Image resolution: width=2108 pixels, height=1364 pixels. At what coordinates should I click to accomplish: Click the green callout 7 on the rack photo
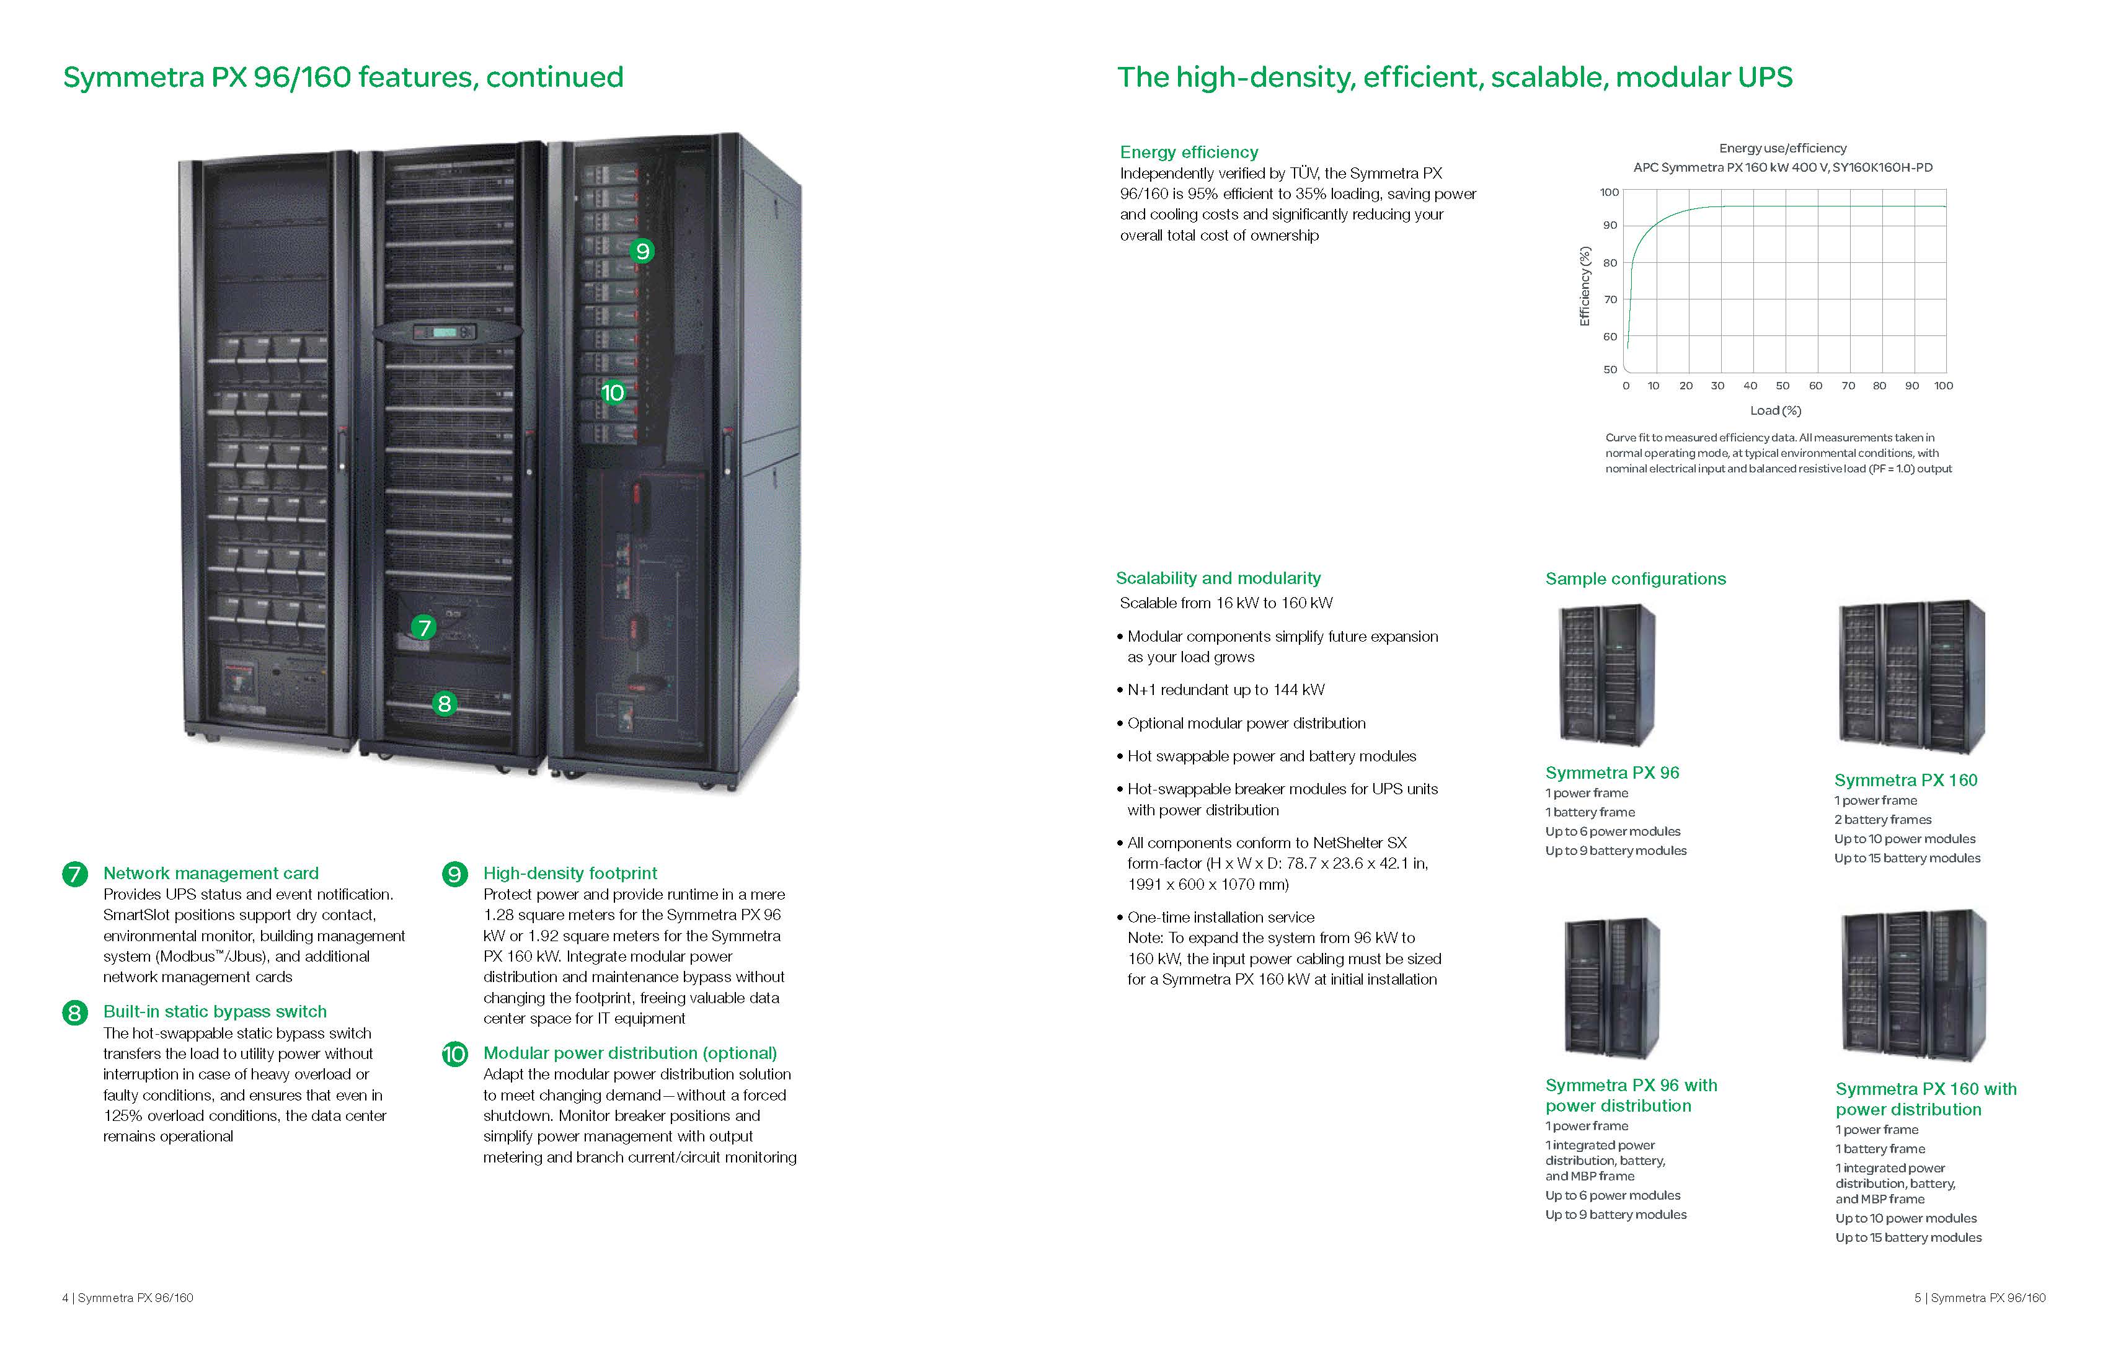424,628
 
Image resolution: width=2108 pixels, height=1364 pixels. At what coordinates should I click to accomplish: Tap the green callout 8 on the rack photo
445,704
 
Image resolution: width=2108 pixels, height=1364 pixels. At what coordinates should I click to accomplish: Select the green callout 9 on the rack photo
642,252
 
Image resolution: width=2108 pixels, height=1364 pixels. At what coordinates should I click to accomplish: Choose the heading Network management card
211,874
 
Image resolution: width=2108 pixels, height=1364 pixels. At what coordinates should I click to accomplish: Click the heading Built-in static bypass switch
215,1011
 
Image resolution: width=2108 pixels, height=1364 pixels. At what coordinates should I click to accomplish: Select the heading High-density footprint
570,874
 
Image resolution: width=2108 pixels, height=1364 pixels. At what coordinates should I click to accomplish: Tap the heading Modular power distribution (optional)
630,1053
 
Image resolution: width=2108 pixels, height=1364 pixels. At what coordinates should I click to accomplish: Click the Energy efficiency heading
1189,153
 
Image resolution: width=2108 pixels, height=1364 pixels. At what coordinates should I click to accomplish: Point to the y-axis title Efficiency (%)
1585,286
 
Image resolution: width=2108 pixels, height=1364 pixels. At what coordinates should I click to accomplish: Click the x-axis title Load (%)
1775,411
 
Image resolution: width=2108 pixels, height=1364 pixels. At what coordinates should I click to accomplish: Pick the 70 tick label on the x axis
1848,386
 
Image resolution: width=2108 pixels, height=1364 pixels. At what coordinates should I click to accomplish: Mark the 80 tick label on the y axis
1610,263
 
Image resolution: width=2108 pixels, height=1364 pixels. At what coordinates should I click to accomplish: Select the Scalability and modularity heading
1218,578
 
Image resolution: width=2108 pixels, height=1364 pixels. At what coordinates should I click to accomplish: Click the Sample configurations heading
1635,579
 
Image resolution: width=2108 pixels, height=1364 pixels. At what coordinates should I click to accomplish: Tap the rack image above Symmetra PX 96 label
1606,675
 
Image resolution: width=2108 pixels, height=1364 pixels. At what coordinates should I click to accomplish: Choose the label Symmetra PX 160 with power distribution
1926,1099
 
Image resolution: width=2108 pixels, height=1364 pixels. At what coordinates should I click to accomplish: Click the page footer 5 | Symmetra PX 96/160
1980,1298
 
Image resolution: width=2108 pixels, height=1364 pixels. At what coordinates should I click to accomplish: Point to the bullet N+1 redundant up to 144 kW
1225,690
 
